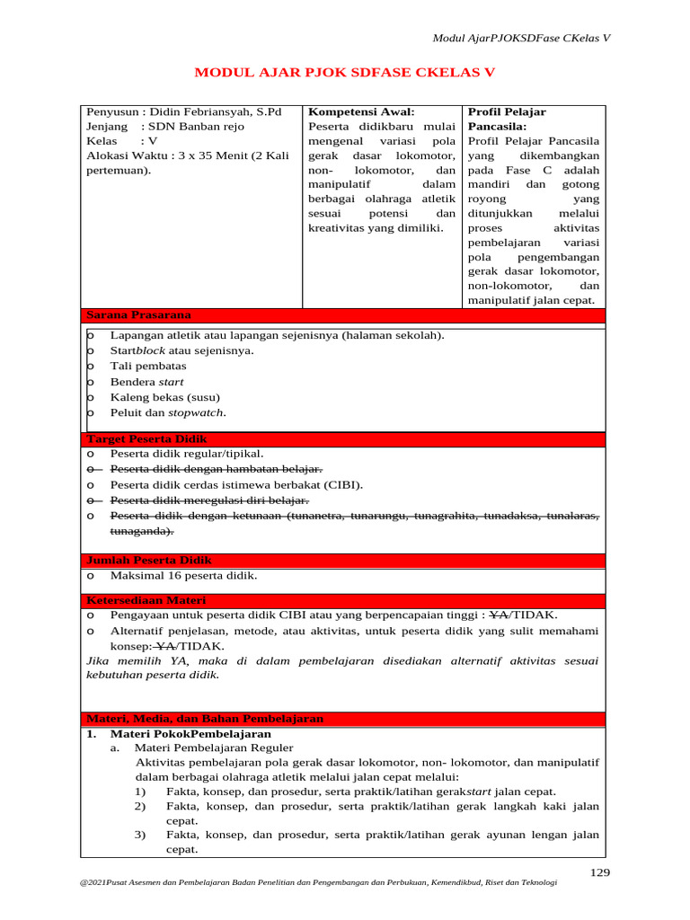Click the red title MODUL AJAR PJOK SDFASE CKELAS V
[345, 73]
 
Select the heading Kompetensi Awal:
[361, 111]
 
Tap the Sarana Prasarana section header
[138, 314]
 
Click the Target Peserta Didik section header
[146, 438]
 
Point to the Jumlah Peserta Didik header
[148, 560]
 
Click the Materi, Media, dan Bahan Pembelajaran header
[205, 719]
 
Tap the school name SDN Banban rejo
[196, 127]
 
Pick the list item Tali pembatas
[148, 366]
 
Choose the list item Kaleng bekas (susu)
[164, 397]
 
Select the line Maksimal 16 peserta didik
[183, 575]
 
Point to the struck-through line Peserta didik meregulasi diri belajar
[209, 500]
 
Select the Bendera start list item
[146, 382]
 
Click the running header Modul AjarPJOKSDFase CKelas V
[521, 38]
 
